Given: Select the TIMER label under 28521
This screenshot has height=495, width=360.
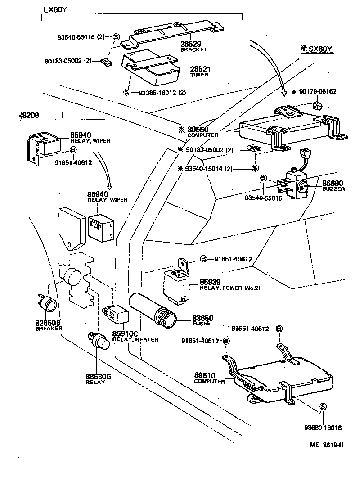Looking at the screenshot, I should point(198,75).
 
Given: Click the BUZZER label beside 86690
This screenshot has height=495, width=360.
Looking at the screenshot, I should point(333,189).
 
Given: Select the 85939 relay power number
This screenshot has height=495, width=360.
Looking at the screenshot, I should point(210,282).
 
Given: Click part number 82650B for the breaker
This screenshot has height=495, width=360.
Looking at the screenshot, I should point(49,323).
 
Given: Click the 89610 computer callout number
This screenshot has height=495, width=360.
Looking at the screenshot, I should point(205,375).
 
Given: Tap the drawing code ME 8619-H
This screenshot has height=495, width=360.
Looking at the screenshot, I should point(327,445).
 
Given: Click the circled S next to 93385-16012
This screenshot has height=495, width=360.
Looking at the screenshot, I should point(127,92).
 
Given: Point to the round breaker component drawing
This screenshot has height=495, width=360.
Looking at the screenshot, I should point(48,305).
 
